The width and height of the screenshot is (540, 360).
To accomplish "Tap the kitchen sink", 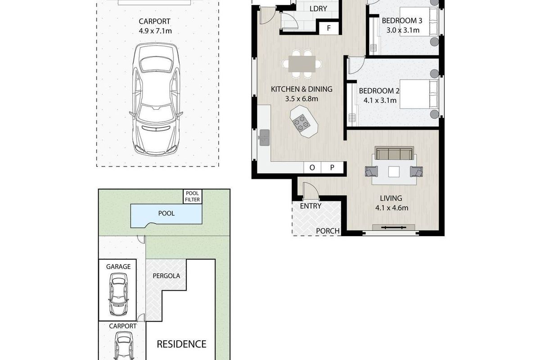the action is (265, 138).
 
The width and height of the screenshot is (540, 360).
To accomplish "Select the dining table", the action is (302, 64).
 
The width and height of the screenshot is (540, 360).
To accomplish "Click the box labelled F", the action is (329, 28).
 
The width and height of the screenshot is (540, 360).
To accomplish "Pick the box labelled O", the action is (312, 167).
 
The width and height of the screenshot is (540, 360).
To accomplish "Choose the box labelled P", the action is (332, 167).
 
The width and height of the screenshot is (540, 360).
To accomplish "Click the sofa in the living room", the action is (394, 153).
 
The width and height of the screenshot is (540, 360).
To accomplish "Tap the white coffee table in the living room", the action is (394, 172).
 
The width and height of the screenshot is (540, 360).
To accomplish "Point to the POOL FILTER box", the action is (193, 197).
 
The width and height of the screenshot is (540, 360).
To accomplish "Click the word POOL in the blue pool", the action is (166, 213).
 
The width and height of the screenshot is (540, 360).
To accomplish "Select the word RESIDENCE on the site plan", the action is (181, 344).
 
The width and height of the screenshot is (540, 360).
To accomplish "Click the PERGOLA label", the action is (166, 276).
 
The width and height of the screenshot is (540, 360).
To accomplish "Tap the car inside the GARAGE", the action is (118, 294).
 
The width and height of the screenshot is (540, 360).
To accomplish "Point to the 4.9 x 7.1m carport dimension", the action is (155, 31).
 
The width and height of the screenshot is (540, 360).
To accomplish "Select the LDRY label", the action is (318, 9).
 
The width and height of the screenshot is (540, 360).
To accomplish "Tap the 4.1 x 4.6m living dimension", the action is (392, 208).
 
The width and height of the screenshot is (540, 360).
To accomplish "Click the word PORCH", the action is (328, 231).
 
